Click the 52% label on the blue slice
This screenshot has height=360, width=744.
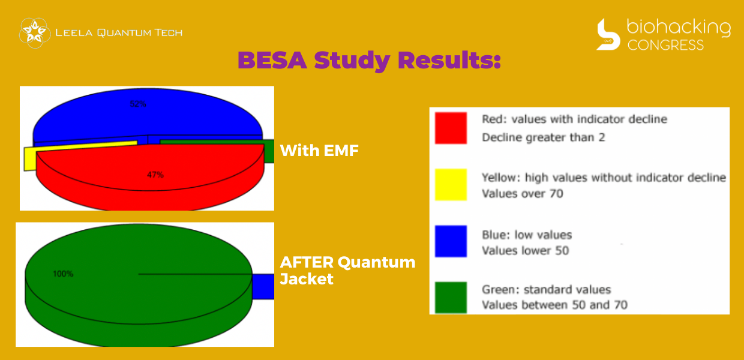138,104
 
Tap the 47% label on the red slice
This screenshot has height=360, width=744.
155,175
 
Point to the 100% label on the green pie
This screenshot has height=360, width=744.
63,274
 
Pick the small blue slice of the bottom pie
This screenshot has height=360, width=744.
263,286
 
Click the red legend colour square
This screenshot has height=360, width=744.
451,128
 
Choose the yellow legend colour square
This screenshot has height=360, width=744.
451,184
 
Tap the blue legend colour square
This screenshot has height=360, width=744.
451,241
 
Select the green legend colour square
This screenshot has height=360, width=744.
451,298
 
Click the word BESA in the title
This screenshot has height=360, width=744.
272,60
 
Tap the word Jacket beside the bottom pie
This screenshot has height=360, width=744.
307,279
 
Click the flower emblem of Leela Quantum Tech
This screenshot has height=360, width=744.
35,33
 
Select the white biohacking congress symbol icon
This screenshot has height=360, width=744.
608,34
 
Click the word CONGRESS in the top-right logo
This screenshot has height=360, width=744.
665,45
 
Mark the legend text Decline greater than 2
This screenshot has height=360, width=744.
544,137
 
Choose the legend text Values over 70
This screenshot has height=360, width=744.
523,193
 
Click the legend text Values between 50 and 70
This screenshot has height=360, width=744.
554,305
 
